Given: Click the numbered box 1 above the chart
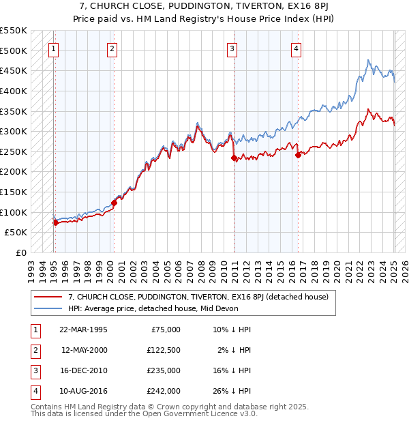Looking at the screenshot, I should pyautogui.click(x=54, y=48).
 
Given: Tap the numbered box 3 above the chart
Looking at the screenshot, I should pyautogui.click(x=232, y=48).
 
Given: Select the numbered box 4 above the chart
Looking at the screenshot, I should pyautogui.click(x=297, y=48).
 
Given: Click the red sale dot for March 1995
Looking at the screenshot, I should pyautogui.click(x=55, y=222).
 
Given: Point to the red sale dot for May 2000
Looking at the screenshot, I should pyautogui.click(x=115, y=203).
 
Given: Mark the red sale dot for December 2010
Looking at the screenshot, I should pyautogui.click(x=234, y=158).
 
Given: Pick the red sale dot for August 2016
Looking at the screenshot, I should pyautogui.click(x=298, y=155).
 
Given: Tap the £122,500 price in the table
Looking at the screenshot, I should pyautogui.click(x=164, y=349).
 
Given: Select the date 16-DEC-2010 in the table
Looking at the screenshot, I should pyautogui.click(x=83, y=370).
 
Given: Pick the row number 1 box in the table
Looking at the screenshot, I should pyautogui.click(x=34, y=330).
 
